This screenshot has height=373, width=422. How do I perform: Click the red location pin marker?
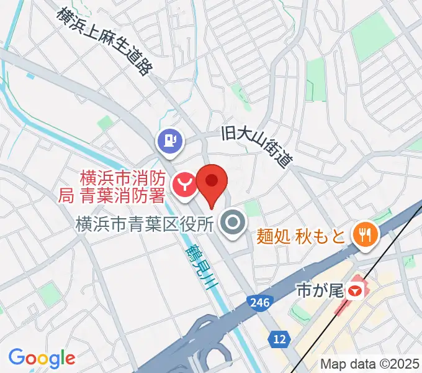tap(212, 182)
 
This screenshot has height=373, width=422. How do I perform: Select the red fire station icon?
tap(184, 184)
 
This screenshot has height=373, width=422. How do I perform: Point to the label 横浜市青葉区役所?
tap(145, 223)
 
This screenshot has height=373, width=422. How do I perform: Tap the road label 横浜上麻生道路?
tap(104, 40)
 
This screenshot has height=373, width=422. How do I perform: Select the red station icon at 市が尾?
tap(355, 290)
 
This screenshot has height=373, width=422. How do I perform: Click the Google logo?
tap(42, 358)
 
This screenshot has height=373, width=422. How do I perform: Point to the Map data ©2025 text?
tap(370, 362)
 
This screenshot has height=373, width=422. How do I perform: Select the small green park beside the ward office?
tap(251, 208)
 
